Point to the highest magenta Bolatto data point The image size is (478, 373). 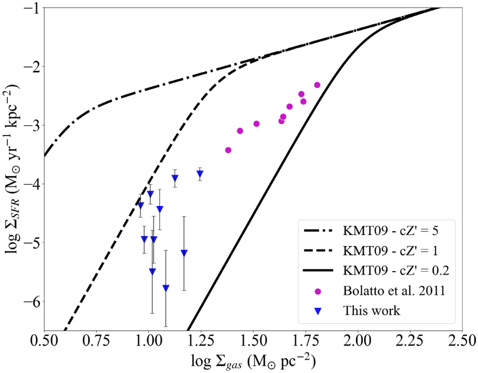pos(317,85)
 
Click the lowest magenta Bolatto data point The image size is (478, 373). pos(228,150)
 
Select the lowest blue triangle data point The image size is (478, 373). pos(166,288)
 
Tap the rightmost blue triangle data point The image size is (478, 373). pos(200,174)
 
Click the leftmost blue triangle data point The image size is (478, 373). pos(141,205)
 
